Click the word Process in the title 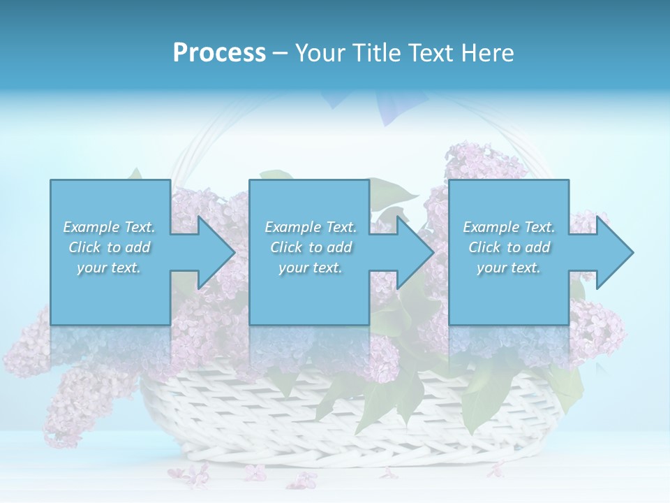coord(219,53)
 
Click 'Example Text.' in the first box coord(109,227)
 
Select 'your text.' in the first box coord(109,268)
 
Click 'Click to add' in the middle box coord(311,247)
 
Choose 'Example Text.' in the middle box coord(311,227)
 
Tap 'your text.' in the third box coord(509,268)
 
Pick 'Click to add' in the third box coord(509,247)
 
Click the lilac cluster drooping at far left coord(77,405)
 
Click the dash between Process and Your coord(281,53)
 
